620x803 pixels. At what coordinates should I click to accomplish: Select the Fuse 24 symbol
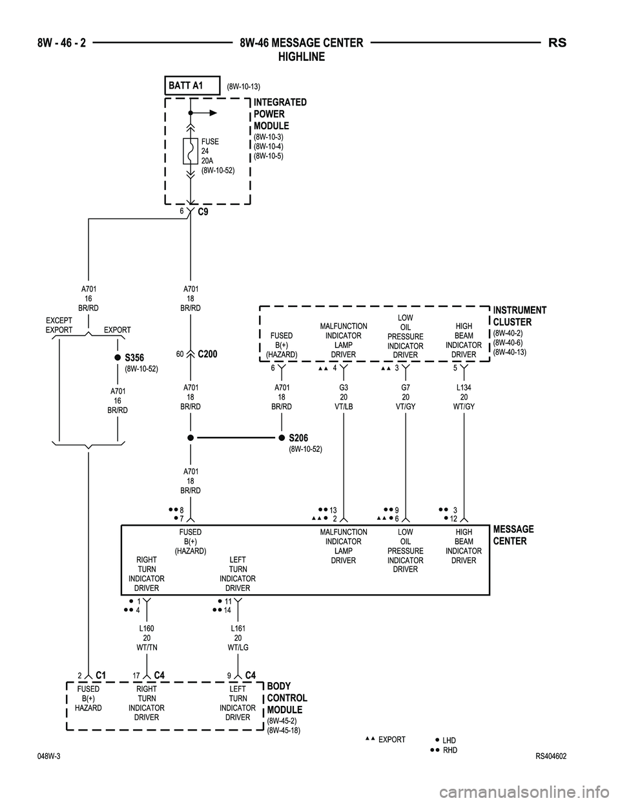point(191,151)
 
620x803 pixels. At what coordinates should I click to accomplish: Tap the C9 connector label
point(203,211)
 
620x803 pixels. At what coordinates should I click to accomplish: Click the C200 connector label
point(207,354)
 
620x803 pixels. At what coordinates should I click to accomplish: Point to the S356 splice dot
point(118,358)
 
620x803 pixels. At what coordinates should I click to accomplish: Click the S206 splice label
point(298,438)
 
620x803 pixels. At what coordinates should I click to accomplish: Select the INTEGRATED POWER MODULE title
point(280,114)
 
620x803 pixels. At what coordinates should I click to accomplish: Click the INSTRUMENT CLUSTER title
point(519,316)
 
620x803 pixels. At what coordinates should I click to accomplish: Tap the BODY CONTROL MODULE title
point(287,698)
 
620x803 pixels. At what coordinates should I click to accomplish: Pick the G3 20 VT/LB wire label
point(344,397)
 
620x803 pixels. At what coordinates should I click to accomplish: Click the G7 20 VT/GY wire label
point(405,397)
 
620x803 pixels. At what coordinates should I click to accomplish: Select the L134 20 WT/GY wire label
point(464,397)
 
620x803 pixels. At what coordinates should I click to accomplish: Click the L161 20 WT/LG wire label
point(238,637)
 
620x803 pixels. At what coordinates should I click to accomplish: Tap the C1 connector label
point(100,675)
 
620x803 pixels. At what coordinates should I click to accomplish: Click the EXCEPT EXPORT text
point(59,325)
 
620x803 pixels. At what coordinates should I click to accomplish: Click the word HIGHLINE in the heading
point(301,57)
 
